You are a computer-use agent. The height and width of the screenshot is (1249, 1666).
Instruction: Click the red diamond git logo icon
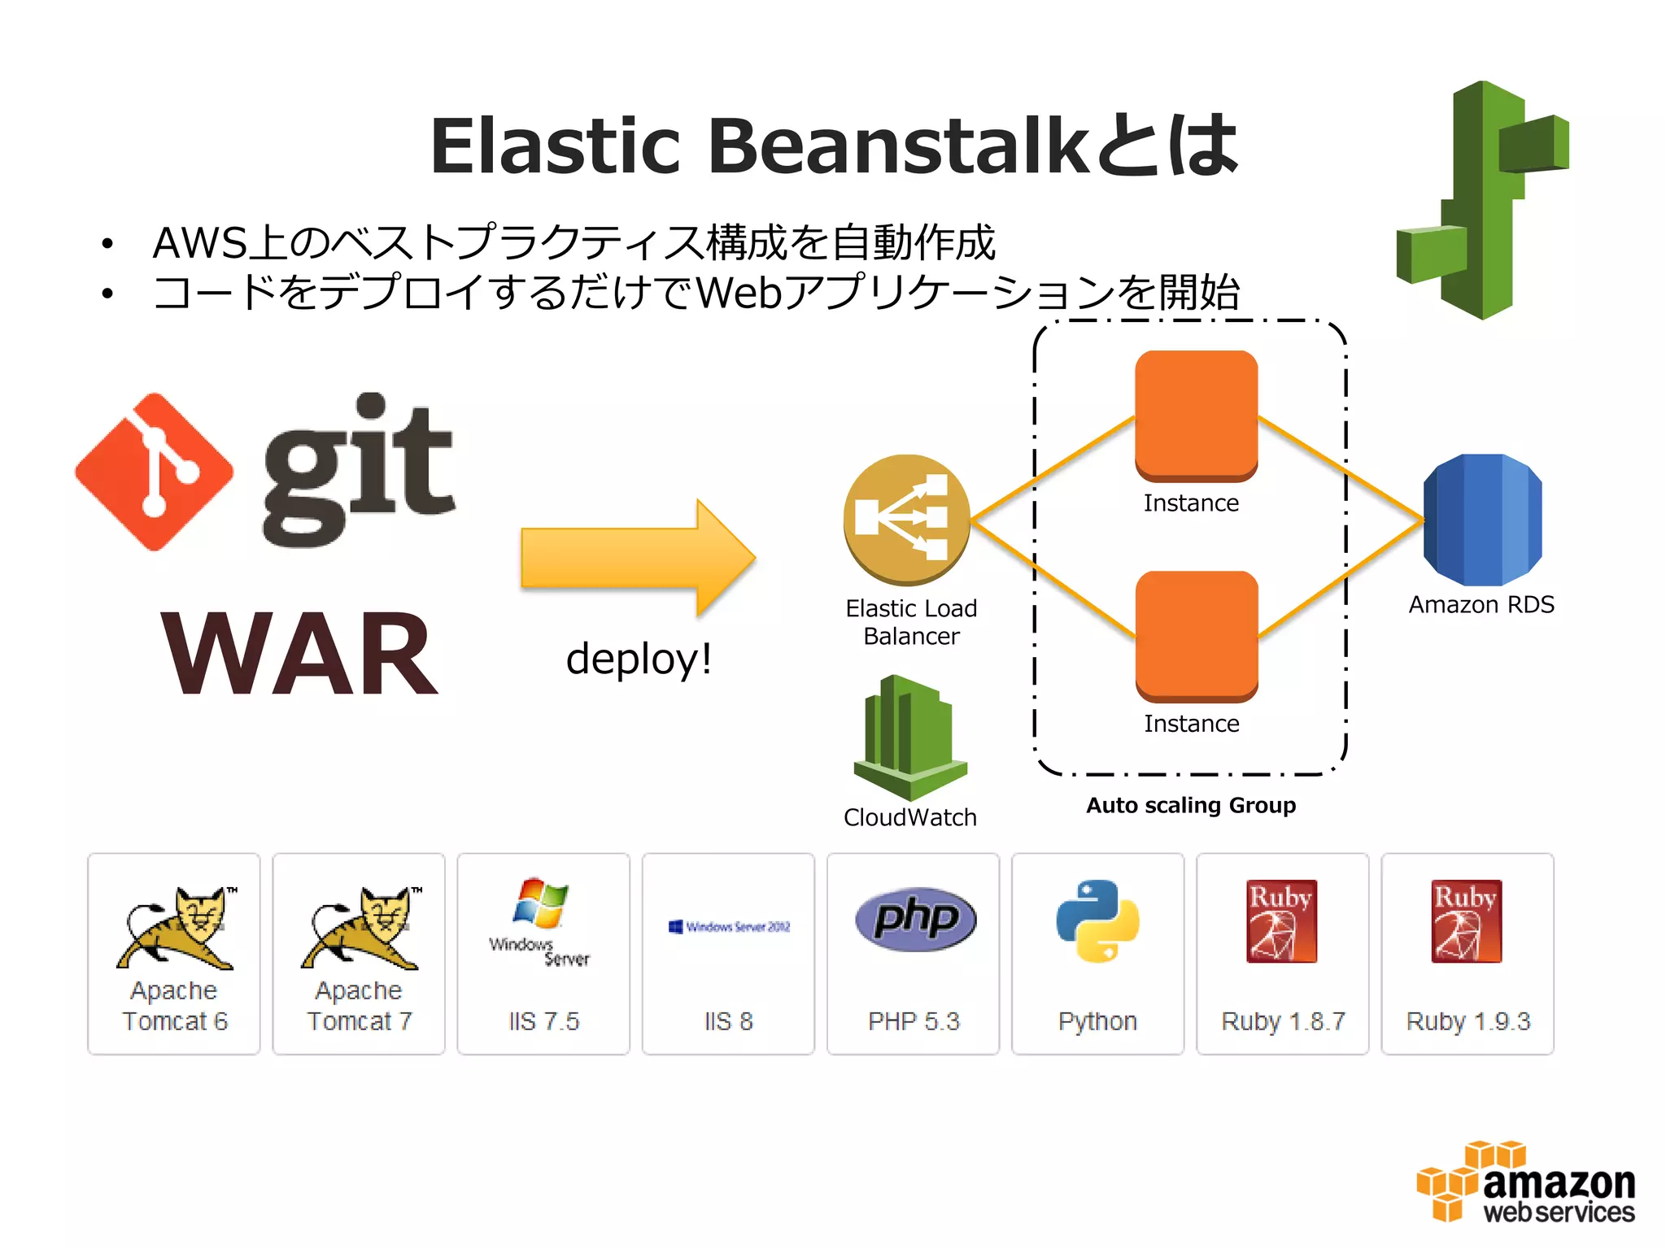(154, 472)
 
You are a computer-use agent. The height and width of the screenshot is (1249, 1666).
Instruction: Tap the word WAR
(300, 655)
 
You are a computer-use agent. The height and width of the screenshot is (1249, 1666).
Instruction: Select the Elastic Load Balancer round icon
(906, 519)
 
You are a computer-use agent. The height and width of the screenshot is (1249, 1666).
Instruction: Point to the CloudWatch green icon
(909, 736)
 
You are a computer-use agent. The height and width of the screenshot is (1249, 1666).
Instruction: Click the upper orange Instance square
(1196, 415)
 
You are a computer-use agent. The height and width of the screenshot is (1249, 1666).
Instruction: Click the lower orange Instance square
(1197, 635)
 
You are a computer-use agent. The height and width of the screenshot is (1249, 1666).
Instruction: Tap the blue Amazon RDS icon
(1482, 520)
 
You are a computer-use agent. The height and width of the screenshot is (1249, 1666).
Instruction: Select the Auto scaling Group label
(1191, 805)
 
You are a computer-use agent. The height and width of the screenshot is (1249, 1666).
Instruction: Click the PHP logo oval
(915, 919)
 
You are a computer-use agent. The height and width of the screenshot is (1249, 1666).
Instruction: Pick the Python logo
(1097, 920)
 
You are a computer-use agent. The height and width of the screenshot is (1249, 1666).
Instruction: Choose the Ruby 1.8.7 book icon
(1281, 920)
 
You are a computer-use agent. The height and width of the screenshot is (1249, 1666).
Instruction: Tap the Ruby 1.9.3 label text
(1468, 1021)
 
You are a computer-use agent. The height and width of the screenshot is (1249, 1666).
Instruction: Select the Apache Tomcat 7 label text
(359, 1006)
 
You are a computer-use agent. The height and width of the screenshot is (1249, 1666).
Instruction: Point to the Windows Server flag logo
(540, 903)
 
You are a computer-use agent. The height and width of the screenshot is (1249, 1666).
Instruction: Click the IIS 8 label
(728, 1021)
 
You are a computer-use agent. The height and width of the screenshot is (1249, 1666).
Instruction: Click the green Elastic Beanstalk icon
(1482, 200)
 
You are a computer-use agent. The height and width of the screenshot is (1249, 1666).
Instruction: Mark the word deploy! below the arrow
(639, 658)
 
